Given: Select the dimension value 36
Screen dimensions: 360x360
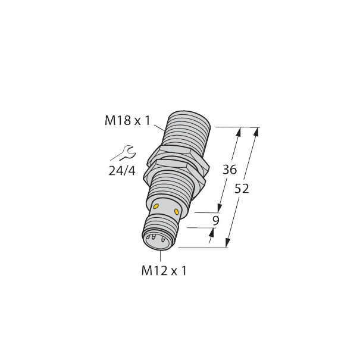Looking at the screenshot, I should pos(229,170).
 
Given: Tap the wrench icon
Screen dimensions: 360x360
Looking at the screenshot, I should pos(121,154).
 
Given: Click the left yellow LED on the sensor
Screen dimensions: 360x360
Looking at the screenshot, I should pos(156,206).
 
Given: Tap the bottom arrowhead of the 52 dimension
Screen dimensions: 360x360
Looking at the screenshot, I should pos(227,243).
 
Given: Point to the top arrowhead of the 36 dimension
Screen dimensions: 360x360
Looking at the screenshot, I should pos(239,131).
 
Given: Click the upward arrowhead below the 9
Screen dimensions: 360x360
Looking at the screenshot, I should pos(212,234).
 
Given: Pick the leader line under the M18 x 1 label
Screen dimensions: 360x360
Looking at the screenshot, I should pos(159,126).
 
